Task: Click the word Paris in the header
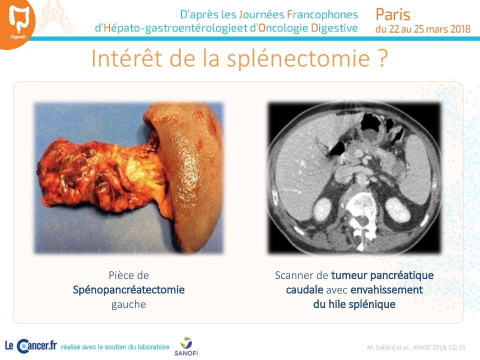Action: pos(393,14)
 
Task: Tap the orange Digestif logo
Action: pos(17,23)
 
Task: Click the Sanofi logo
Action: pos(186,346)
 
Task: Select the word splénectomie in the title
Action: pos(298,58)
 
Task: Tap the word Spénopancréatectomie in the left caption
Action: pos(128,290)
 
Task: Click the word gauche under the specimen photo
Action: pos(128,305)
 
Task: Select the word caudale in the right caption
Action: pos(304,289)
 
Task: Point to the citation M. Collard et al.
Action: pos(388,347)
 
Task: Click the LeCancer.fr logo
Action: pos(31,346)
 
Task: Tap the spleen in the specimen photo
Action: pos(190,174)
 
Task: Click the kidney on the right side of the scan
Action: pos(397,209)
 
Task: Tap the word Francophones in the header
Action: pos(322,14)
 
